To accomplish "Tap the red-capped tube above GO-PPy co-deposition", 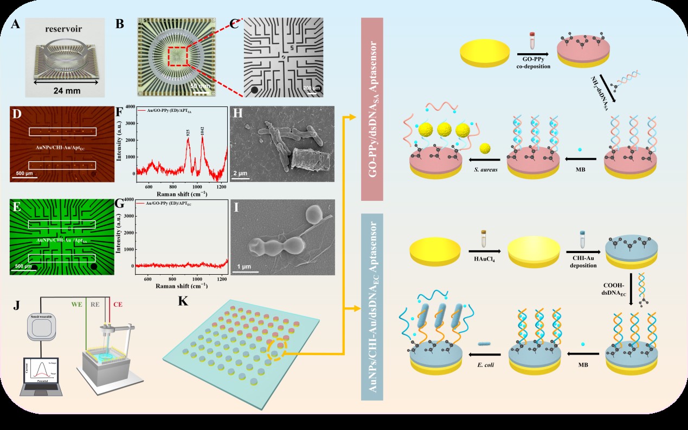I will click(x=532, y=41).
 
